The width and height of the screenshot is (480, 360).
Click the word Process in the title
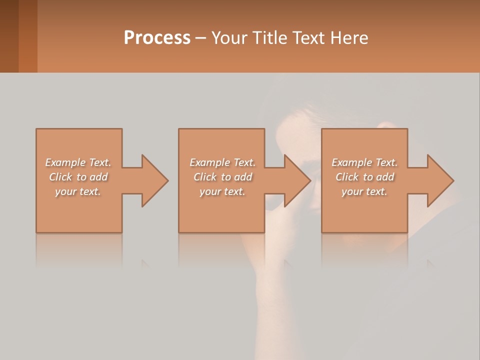(157, 37)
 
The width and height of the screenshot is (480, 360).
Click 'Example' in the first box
(65, 162)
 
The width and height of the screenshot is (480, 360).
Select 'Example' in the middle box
(210, 162)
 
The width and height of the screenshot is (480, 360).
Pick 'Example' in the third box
(352, 162)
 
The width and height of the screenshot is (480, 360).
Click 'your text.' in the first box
(78, 191)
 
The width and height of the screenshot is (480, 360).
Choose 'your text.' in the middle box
(222, 191)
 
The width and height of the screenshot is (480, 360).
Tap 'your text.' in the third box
(364, 191)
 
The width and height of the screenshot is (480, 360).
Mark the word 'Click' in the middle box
(205, 177)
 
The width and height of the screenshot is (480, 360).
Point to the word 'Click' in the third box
(347, 177)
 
